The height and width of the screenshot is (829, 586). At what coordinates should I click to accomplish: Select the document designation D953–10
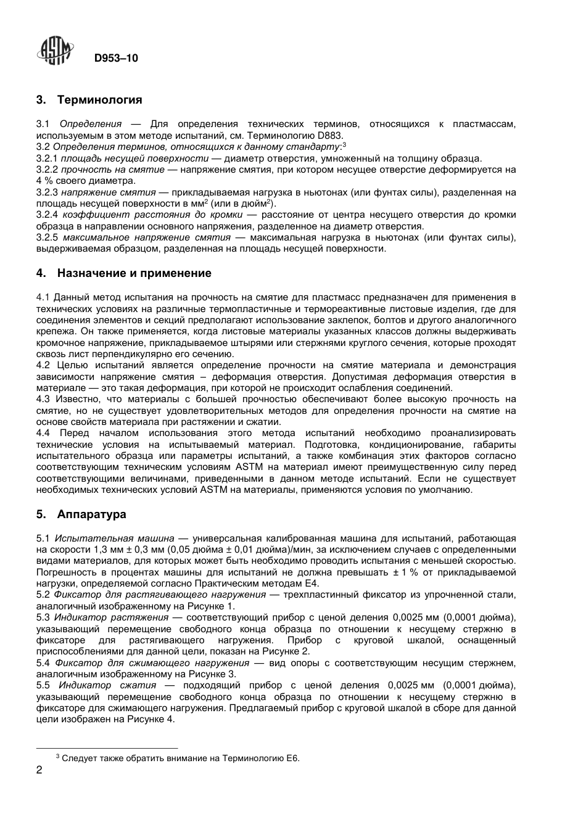(116, 58)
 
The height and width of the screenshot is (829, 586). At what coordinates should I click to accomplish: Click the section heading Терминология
(99, 99)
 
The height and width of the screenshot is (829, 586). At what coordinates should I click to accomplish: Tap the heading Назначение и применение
(134, 273)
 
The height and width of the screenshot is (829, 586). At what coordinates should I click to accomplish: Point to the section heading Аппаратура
(91, 514)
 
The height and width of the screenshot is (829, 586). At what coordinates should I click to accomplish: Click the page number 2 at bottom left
(39, 770)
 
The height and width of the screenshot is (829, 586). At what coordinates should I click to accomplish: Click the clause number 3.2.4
(47, 215)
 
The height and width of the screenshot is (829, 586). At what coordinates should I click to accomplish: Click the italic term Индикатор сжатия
(107, 685)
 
